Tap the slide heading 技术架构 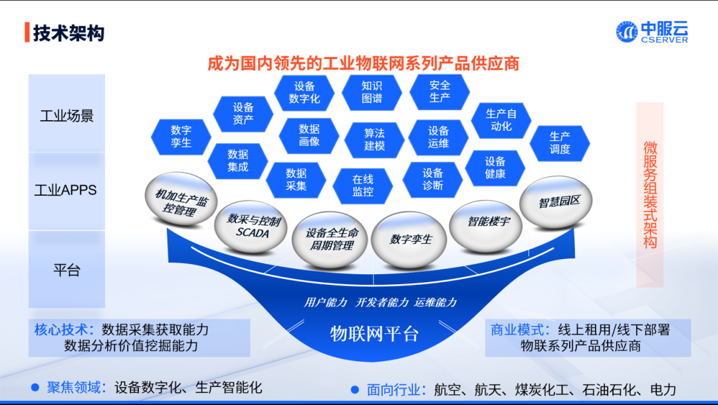(x=68, y=33)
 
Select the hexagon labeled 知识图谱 (x=372, y=92)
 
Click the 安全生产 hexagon (x=439, y=92)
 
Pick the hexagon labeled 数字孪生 (x=181, y=136)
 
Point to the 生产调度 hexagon (x=560, y=143)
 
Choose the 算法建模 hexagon (x=374, y=139)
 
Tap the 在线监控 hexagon (x=363, y=185)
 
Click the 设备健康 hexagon (x=495, y=167)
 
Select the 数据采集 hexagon (x=296, y=179)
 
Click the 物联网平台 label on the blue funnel (x=374, y=333)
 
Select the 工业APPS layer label (x=66, y=191)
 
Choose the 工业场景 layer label (x=66, y=116)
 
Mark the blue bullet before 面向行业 (x=355, y=390)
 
